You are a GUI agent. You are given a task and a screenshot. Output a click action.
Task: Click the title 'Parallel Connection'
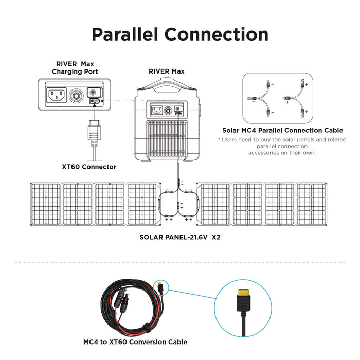click(180, 34)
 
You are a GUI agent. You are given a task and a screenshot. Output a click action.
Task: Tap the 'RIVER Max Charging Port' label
click(75, 67)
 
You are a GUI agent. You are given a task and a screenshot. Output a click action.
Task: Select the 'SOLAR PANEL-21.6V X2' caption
click(180, 238)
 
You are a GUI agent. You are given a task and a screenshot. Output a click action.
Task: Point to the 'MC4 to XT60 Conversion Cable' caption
click(135, 341)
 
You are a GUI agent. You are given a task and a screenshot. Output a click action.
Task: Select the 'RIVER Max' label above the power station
click(166, 71)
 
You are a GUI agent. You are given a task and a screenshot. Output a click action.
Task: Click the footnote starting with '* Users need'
click(281, 146)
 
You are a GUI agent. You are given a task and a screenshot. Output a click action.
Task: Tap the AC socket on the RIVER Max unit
click(157, 110)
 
